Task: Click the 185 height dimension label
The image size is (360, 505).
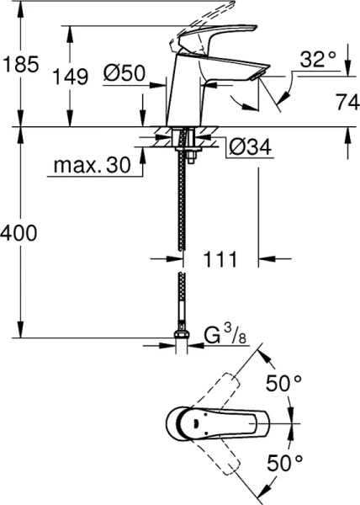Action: tap(20, 62)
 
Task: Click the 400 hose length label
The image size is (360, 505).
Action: tap(20, 233)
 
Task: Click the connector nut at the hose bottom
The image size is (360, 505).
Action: tap(180, 338)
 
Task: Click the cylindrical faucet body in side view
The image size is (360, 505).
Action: tap(187, 97)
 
